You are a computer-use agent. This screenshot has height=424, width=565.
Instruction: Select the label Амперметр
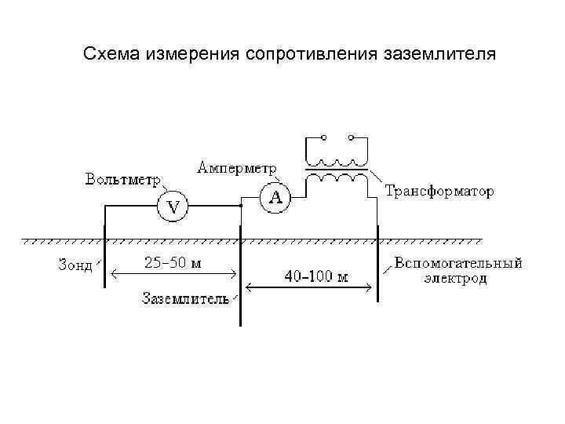click(237, 168)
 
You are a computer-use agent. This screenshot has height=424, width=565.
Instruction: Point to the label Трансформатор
click(439, 192)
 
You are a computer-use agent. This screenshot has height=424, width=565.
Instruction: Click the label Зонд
click(75, 265)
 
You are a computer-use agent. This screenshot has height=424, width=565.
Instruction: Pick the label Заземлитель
click(185, 298)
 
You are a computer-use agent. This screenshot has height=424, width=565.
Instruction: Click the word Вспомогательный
click(457, 263)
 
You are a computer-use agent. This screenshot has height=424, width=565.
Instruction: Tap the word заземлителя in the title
click(440, 55)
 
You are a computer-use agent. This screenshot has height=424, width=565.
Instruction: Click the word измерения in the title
click(193, 55)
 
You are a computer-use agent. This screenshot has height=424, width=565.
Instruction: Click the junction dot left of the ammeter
click(240, 207)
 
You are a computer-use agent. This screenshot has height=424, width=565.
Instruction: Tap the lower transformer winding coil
click(337, 179)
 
